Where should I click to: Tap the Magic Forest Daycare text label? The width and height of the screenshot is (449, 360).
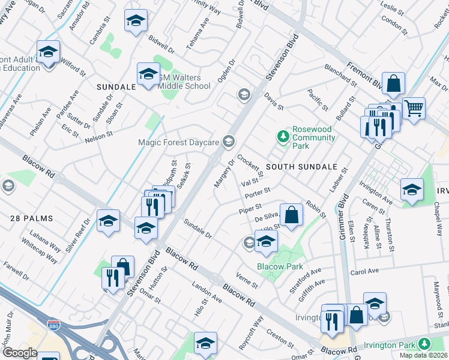pyautogui.click(x=178, y=142)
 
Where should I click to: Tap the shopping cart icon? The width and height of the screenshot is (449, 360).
pyautogui.click(x=414, y=109)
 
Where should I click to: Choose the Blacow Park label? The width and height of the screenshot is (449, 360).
pyautogui.click(x=279, y=266)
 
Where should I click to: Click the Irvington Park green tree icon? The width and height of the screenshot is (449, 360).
pyautogui.click(x=425, y=344)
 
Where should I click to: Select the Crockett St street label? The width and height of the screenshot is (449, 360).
pyautogui.click(x=251, y=166)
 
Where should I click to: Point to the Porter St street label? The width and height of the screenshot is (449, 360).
pyautogui.click(x=258, y=193)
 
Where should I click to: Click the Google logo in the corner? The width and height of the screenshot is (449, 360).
pyautogui.click(x=20, y=353)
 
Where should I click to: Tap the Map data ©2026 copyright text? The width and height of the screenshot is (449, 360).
pyautogui.click(x=423, y=355)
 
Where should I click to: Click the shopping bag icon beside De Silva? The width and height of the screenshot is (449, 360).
pyautogui.click(x=291, y=215)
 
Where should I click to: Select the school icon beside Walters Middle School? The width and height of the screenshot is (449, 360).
pyautogui.click(x=148, y=75)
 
